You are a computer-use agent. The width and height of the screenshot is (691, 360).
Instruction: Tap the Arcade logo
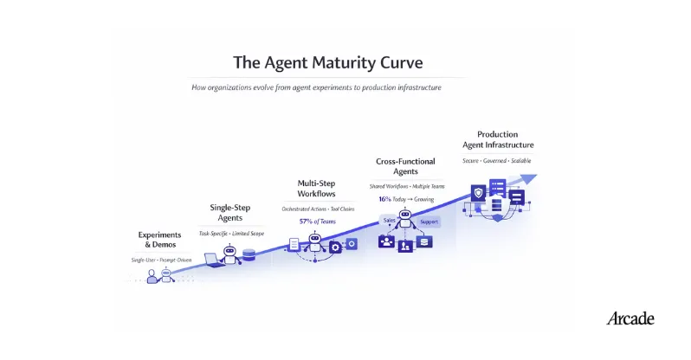click(630, 318)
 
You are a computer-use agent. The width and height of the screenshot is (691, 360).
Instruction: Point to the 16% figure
click(385, 199)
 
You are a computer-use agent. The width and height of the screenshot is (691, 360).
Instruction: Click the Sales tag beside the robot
click(390, 221)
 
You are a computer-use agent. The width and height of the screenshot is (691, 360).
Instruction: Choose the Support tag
click(429, 222)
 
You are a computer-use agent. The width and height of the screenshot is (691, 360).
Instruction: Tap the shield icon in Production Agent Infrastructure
click(479, 193)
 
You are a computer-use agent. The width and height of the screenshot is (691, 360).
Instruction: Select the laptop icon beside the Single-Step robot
click(212, 259)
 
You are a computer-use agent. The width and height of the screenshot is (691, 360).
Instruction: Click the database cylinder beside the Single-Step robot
click(249, 256)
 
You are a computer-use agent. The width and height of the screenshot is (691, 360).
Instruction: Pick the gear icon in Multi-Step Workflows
click(335, 247)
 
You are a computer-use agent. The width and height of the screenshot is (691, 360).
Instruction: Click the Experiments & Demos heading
click(160, 239)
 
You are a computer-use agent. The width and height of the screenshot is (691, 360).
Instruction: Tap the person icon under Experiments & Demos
click(152, 276)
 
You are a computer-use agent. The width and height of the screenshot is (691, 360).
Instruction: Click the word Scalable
click(520, 160)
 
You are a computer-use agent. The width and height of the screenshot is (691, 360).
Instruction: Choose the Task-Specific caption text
click(215, 234)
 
